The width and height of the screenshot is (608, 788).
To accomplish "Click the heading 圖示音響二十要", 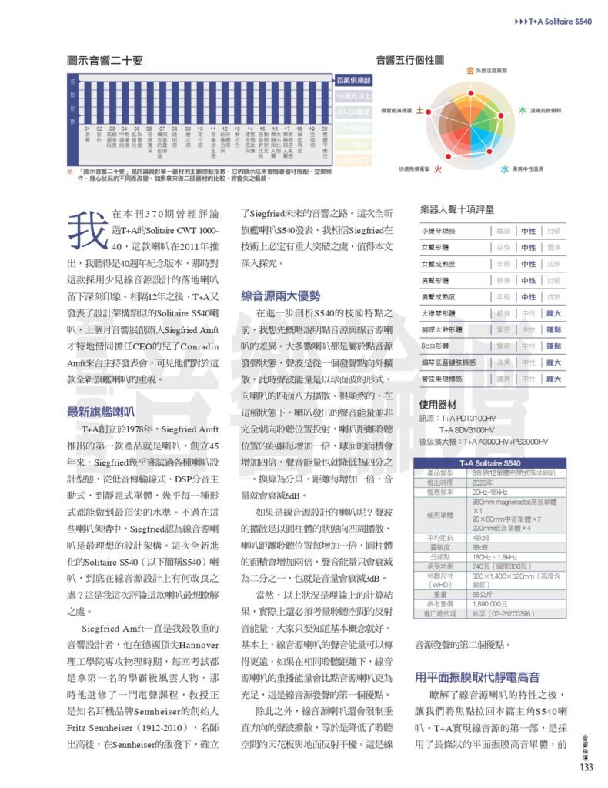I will pos(105,61).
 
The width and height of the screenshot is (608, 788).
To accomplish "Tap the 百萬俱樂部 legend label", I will pos(354,80).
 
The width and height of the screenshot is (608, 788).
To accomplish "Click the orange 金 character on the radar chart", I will pos(469,71).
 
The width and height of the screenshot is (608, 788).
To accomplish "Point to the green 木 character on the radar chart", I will pos(522,111).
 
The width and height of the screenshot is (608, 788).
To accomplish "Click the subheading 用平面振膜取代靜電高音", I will pos(476,677).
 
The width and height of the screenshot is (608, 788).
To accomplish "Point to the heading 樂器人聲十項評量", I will pos(457,209).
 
